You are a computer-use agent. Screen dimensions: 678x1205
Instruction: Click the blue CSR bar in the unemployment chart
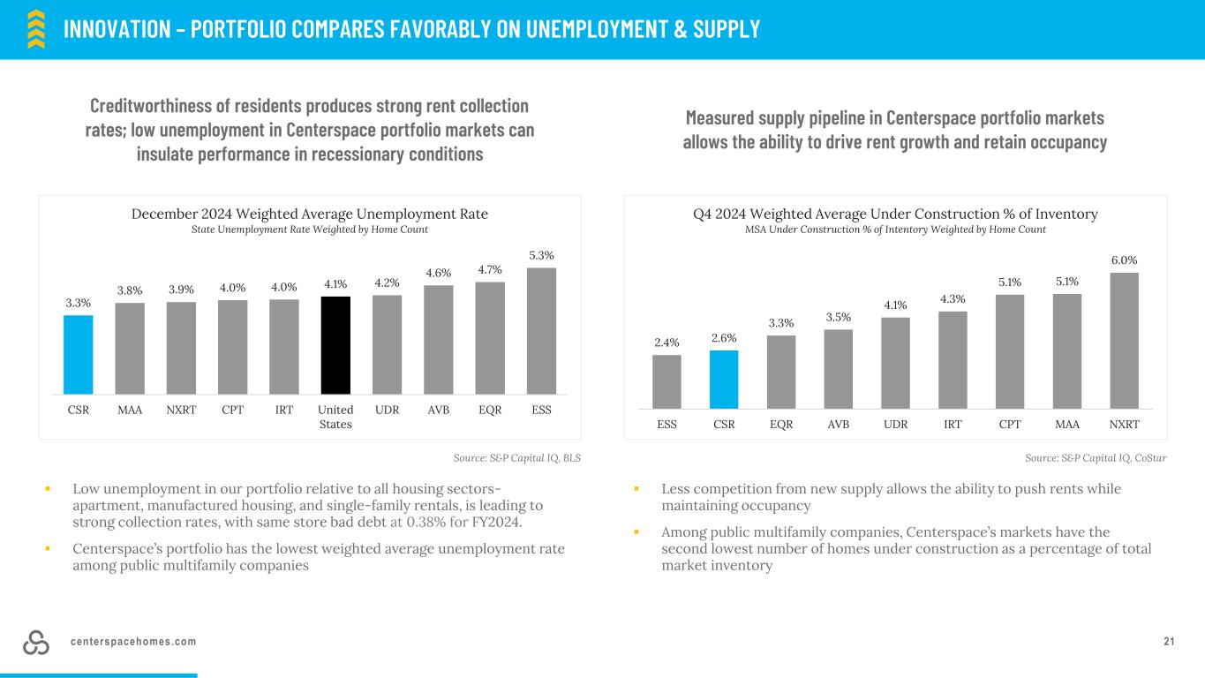click(79, 354)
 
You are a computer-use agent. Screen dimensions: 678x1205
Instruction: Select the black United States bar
click(335, 345)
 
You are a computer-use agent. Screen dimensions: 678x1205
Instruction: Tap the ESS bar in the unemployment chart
click(541, 331)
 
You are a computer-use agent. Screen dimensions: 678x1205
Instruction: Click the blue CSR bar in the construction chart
click(724, 379)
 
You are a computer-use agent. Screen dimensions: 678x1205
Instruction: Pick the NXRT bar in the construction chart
click(1124, 340)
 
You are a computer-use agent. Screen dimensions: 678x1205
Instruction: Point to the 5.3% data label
click(541, 256)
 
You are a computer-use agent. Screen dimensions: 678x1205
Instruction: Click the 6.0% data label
click(1124, 260)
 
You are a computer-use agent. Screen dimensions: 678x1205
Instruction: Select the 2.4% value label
click(667, 343)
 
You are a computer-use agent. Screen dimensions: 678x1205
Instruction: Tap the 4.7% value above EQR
click(490, 269)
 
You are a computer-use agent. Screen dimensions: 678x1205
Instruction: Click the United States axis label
click(335, 417)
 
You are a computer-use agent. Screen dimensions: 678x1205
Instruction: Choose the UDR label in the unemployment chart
click(387, 410)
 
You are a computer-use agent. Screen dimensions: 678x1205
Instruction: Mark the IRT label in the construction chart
click(953, 424)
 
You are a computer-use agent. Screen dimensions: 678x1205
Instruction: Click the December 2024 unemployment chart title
click(310, 214)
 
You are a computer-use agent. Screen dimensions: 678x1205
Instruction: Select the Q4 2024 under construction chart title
click(895, 214)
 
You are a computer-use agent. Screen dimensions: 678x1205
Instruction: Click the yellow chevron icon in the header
click(36, 29)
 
